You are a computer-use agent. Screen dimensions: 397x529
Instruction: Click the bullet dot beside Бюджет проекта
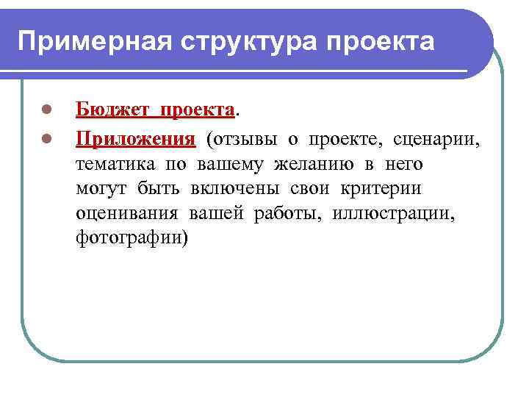(46, 111)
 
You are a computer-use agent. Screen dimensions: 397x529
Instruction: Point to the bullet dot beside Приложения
(46, 137)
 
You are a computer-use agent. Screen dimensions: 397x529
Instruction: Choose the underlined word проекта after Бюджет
(198, 110)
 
